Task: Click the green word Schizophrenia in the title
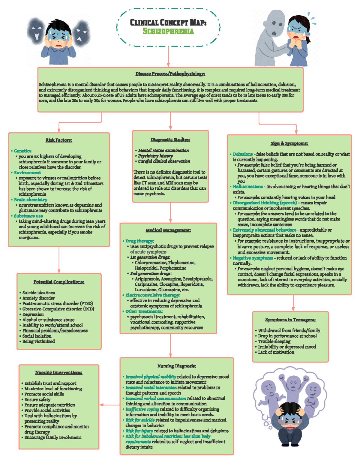point(168,31)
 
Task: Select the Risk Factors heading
point(59,140)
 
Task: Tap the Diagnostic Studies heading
point(170,140)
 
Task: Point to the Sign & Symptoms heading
point(289,143)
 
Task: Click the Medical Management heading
point(168,230)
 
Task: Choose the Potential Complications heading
point(59,282)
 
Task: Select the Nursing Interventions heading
point(58,372)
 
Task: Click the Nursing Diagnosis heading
point(176,366)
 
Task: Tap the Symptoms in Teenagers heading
point(290,320)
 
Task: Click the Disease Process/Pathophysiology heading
point(170,74)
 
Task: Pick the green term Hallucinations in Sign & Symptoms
point(247,187)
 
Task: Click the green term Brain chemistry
point(30,200)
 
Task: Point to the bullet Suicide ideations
point(38,293)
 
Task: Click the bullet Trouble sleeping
point(274,341)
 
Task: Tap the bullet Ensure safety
point(37,399)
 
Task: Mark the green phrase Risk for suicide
point(140,420)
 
